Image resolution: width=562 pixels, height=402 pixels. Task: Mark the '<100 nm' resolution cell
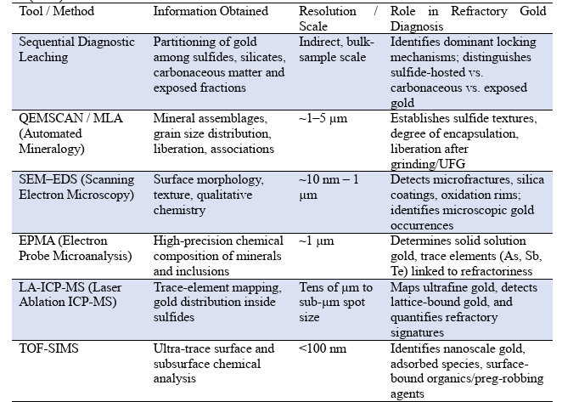tap(320, 349)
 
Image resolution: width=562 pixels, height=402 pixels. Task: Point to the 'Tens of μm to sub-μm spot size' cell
tap(336, 305)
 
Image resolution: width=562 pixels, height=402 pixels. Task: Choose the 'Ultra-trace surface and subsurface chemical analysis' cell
tap(213, 356)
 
